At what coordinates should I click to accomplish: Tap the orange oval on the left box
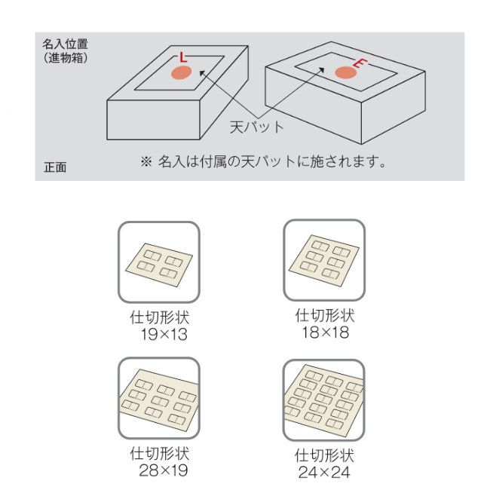pos(180,72)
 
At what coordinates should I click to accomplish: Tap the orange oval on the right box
pos(345,72)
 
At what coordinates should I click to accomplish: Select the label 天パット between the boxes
pos(257,127)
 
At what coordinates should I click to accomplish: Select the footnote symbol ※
pos(146,161)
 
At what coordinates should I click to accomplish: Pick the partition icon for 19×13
pos(158,262)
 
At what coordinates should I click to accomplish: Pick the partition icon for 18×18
pos(323,261)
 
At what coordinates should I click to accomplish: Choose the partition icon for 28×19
pos(158,398)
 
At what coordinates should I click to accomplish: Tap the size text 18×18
pos(324,332)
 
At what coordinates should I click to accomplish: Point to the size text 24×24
pos(324,473)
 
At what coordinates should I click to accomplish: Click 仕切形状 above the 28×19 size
pos(159,454)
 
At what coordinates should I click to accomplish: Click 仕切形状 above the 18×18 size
pos(324,315)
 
